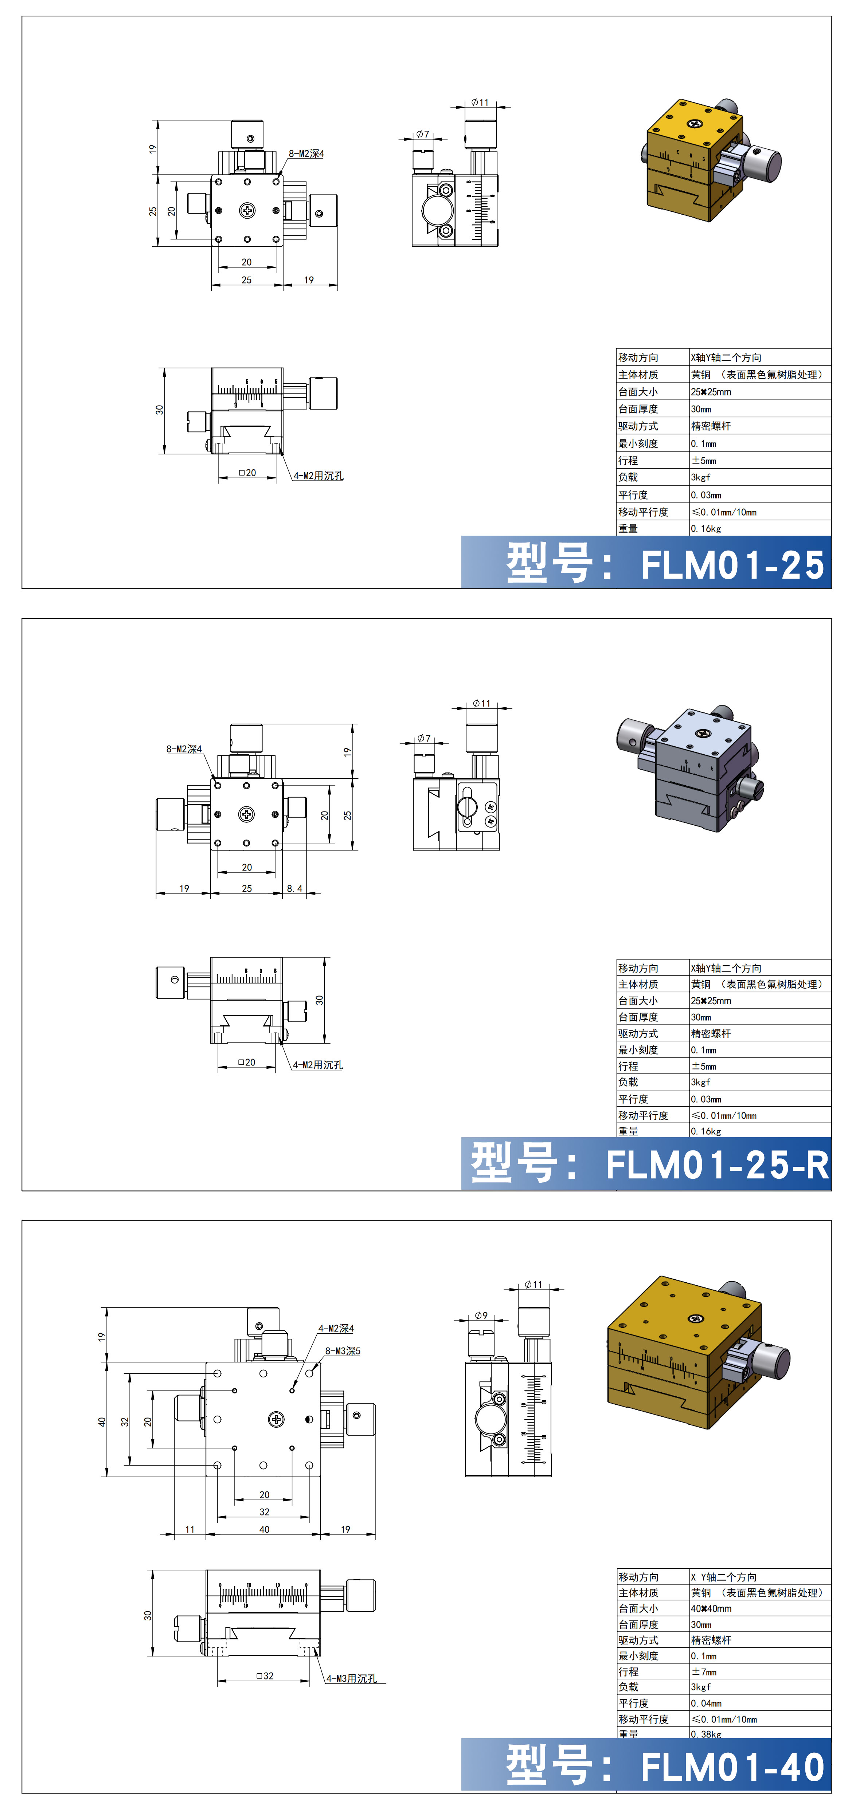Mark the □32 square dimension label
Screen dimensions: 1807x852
pos(265,1675)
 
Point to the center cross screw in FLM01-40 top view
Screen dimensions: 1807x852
pos(277,1419)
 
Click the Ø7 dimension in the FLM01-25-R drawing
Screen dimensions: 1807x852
pos(423,738)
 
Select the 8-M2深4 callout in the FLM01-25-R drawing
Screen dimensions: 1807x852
pos(184,749)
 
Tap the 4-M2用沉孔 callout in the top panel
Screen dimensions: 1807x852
pos(318,476)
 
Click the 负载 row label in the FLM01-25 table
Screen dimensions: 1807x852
pos(628,477)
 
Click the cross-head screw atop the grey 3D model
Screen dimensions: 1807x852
pos(703,734)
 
